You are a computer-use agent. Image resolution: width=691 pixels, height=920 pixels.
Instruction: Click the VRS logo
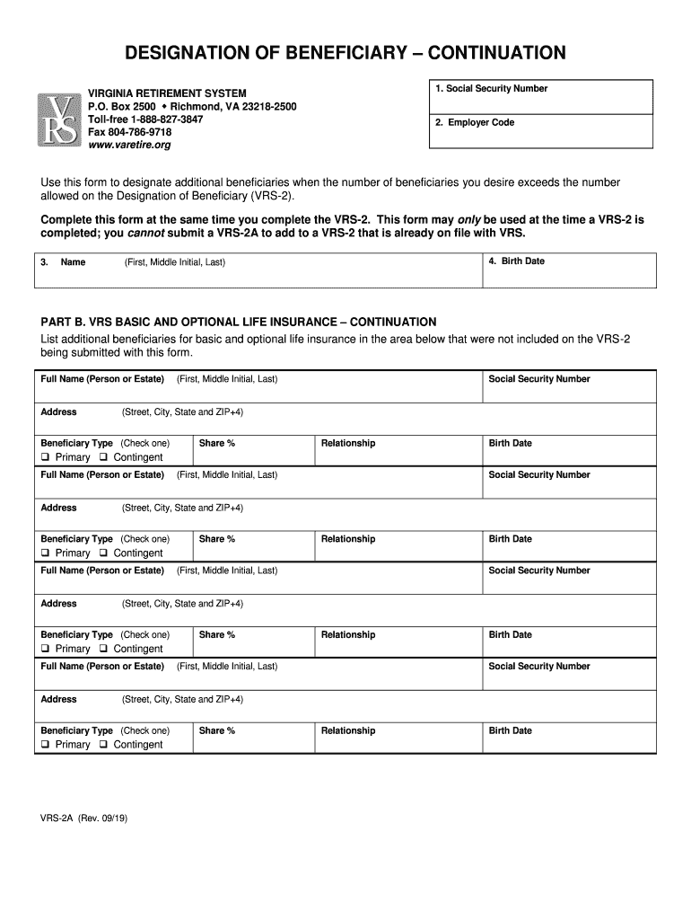click(59, 119)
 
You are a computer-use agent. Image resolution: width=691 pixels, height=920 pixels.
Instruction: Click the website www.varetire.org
click(128, 145)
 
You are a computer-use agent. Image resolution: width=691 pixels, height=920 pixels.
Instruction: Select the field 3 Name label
click(73, 262)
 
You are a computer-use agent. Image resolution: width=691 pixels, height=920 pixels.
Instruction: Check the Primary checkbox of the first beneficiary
click(46, 457)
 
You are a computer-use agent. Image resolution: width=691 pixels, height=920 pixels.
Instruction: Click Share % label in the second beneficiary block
click(217, 539)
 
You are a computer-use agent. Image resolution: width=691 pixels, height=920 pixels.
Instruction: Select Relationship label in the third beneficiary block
click(348, 635)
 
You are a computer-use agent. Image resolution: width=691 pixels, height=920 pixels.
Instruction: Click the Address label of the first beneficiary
click(59, 412)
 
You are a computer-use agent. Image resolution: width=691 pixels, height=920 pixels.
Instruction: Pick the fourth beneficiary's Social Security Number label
click(538, 667)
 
